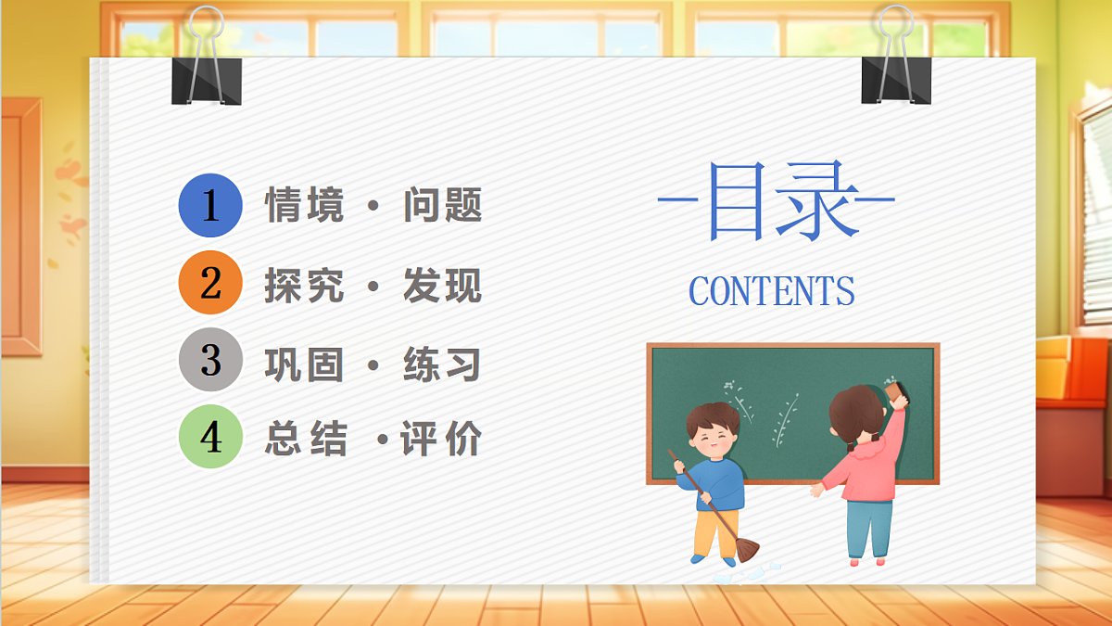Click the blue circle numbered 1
coord(210,205)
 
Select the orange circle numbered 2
coord(210,283)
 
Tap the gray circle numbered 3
coord(210,360)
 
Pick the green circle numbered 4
coord(210,438)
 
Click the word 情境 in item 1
coord(304,205)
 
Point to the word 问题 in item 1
coord(443,205)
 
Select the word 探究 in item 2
coord(304,285)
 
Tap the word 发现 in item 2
coord(443,285)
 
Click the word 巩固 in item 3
coord(304,364)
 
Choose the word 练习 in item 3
coord(443,364)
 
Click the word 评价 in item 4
coord(441,439)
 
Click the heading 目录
coord(777,201)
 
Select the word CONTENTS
coord(771,291)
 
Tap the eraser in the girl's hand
coord(897,393)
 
